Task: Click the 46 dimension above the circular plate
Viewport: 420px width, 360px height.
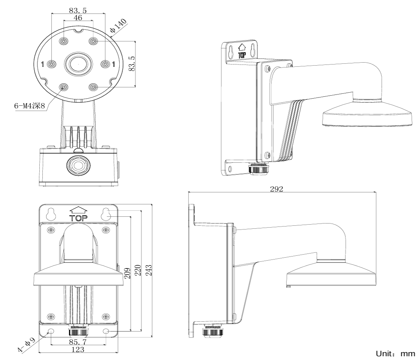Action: click(x=78, y=18)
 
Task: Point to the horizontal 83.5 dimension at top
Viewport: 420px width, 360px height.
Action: click(x=78, y=10)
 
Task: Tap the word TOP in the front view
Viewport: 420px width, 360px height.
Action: click(x=79, y=218)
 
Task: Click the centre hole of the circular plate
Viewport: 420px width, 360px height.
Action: click(x=78, y=64)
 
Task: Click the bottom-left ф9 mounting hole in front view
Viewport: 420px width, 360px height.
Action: click(x=51, y=331)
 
